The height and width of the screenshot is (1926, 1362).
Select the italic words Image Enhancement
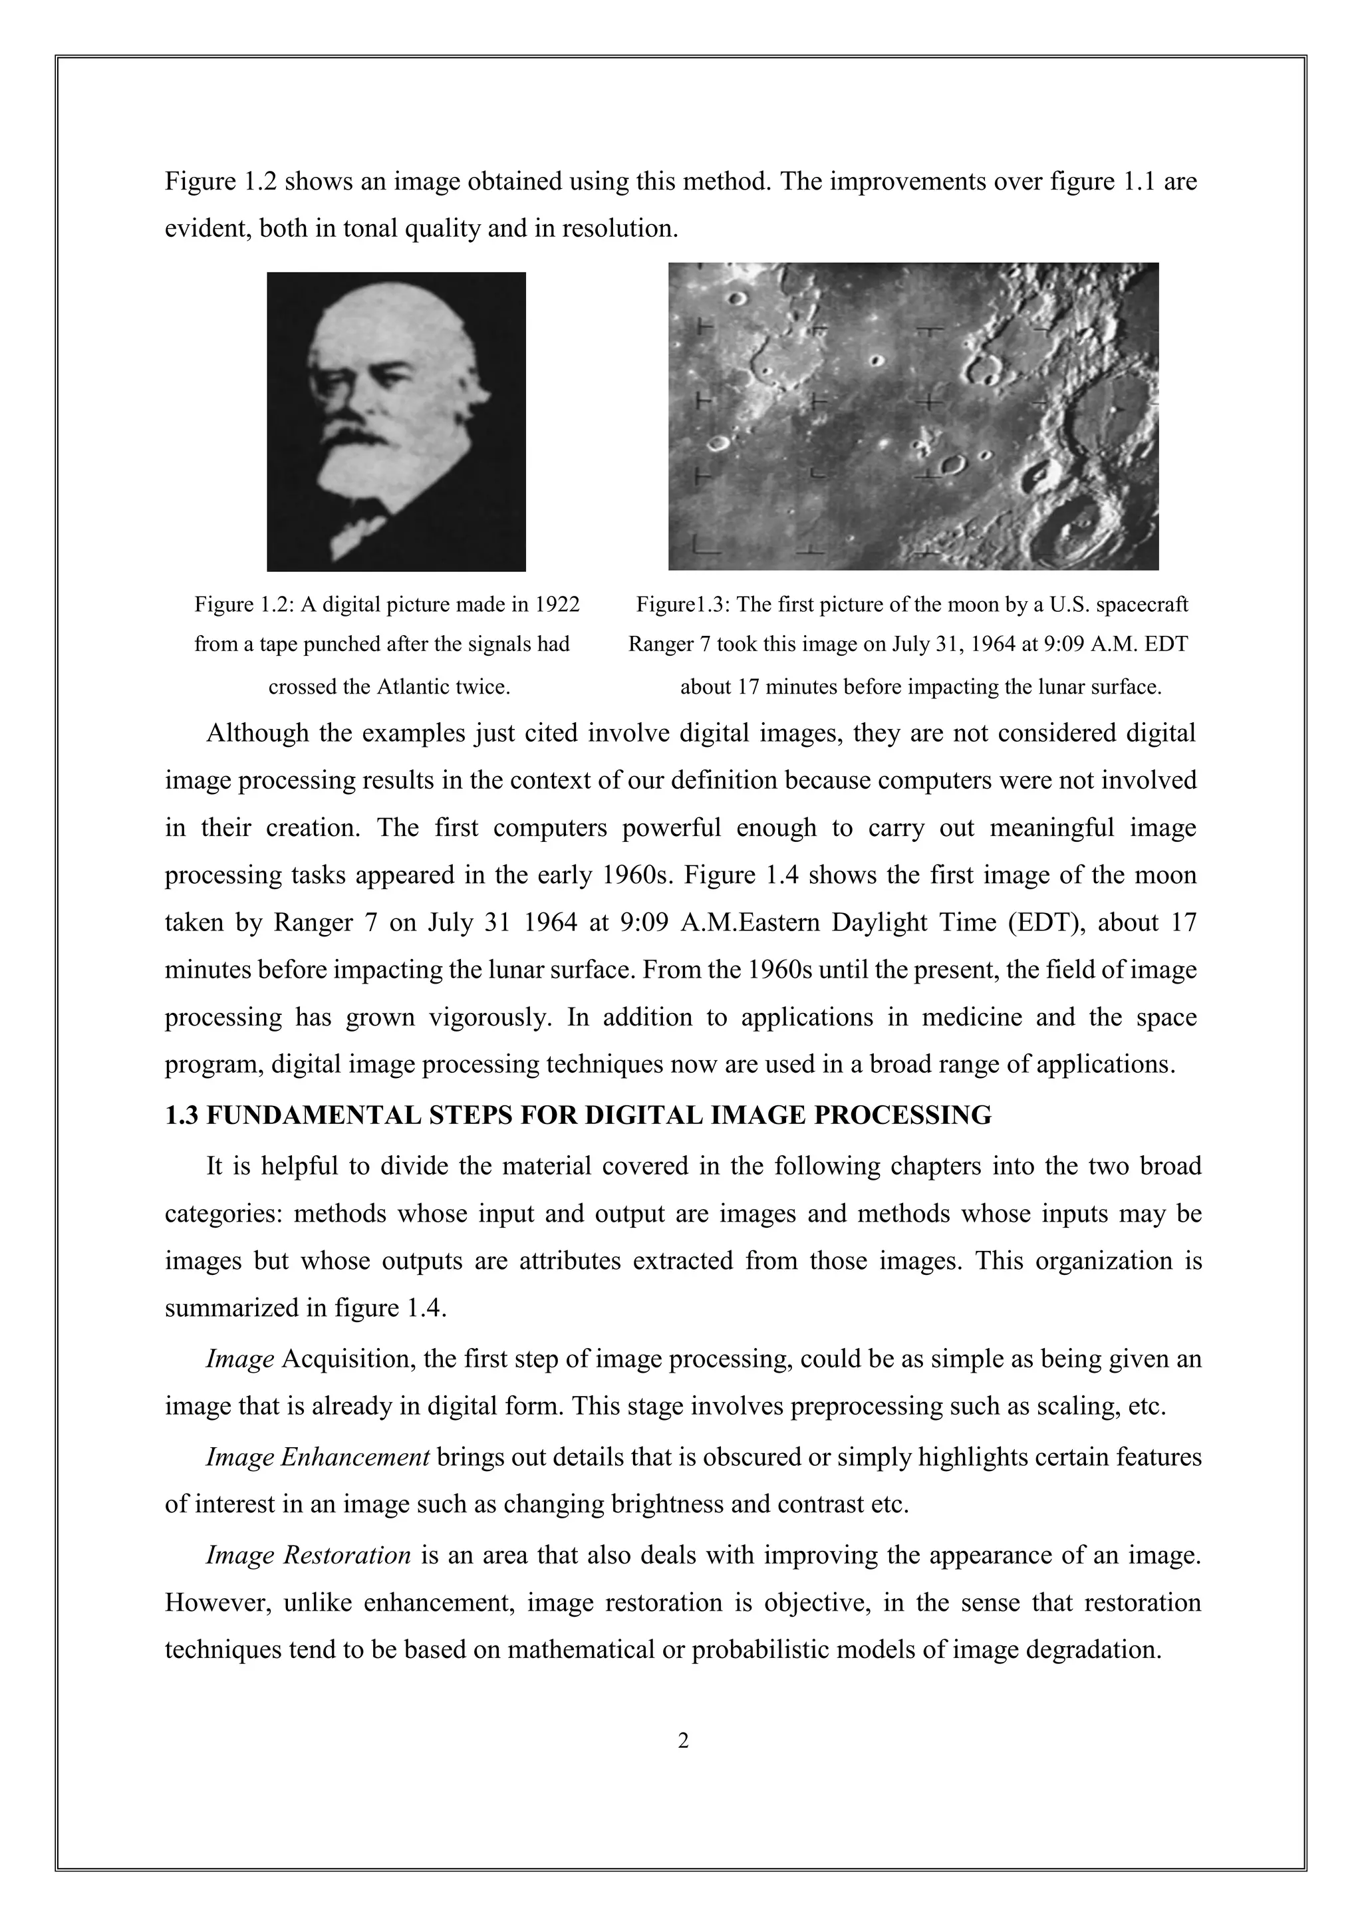tap(318, 1457)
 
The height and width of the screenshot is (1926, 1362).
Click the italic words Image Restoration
tap(308, 1555)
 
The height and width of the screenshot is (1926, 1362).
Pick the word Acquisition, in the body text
tap(349, 1359)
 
